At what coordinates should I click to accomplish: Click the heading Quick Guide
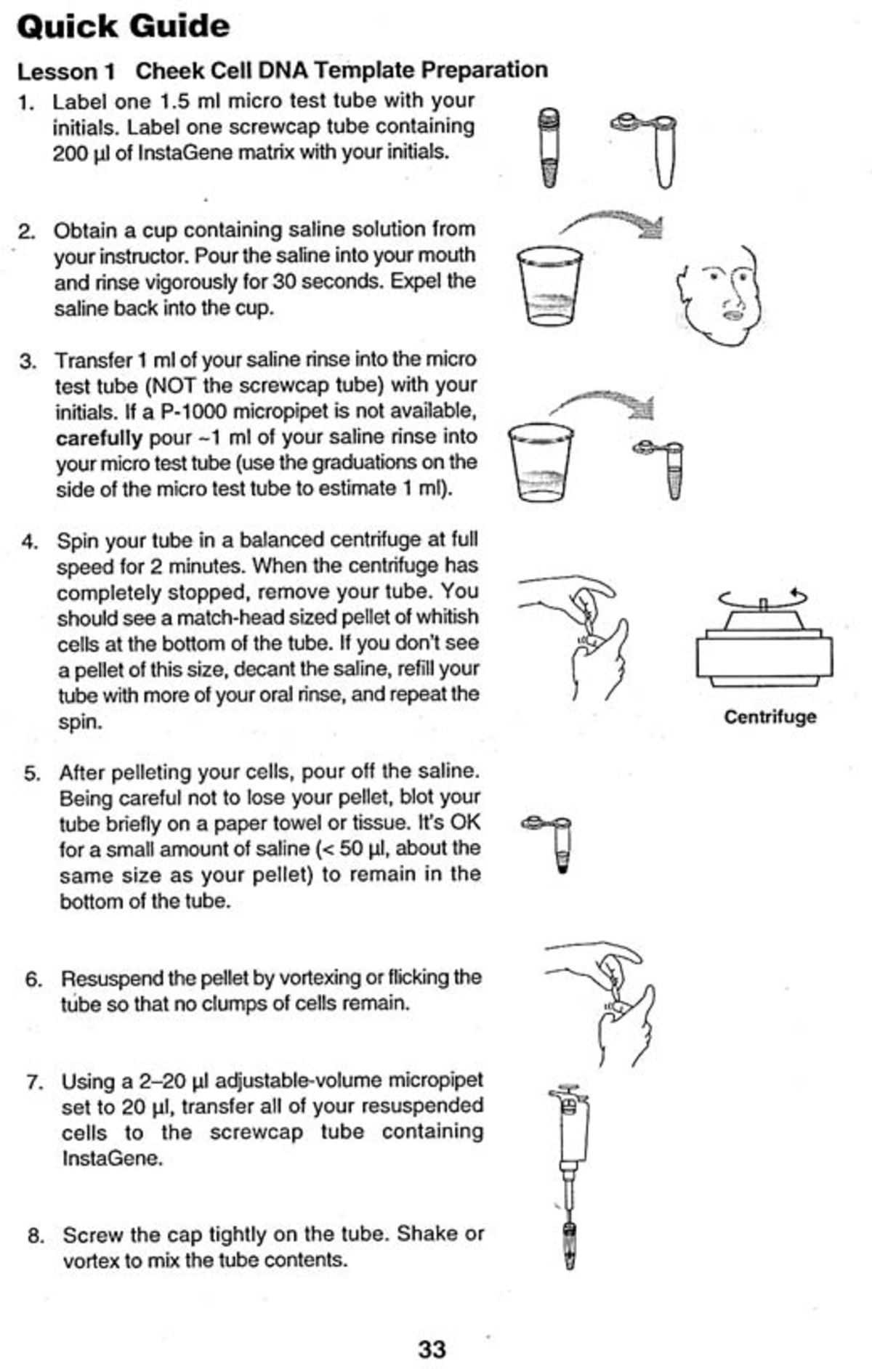tap(123, 27)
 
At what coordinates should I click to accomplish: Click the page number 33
tap(432, 1349)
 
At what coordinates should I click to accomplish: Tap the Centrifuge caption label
tap(770, 717)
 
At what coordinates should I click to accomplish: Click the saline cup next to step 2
tap(549, 286)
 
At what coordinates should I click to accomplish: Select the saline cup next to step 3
tap(540, 462)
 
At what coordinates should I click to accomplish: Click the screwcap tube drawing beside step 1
tap(549, 148)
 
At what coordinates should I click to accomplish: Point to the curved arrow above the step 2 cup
tap(614, 222)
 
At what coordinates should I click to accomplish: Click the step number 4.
tap(30, 542)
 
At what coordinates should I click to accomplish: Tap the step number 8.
tap(36, 1235)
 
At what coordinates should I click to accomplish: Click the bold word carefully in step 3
tap(99, 438)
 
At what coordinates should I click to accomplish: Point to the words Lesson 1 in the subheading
tap(66, 71)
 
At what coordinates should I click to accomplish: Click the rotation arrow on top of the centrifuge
tap(763, 597)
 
